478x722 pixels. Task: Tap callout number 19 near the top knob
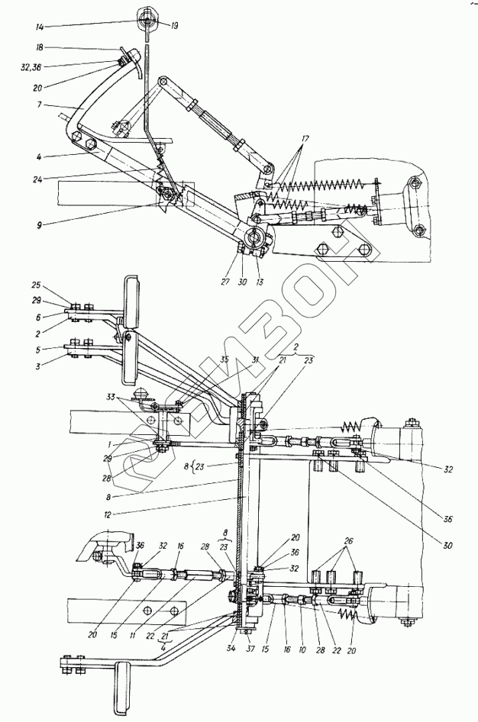coord(175,26)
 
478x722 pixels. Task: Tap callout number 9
coord(38,225)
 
